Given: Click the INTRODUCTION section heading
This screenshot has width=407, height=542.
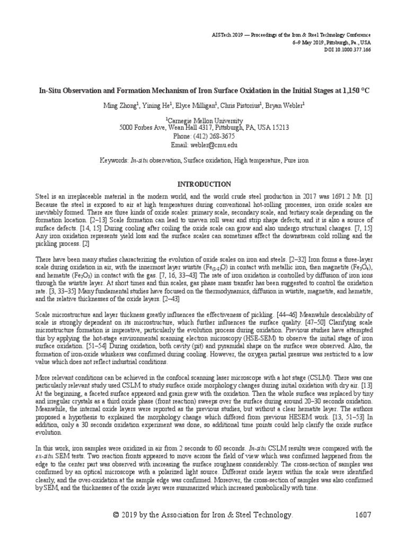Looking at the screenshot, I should pos(203,184).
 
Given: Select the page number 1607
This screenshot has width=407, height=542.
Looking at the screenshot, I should pos(360,515).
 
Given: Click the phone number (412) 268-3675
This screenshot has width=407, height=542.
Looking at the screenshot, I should pos(203,136).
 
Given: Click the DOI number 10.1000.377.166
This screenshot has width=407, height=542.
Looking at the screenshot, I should pos(349,49).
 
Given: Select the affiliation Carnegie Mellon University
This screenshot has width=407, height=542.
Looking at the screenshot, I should pos(204,120).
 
